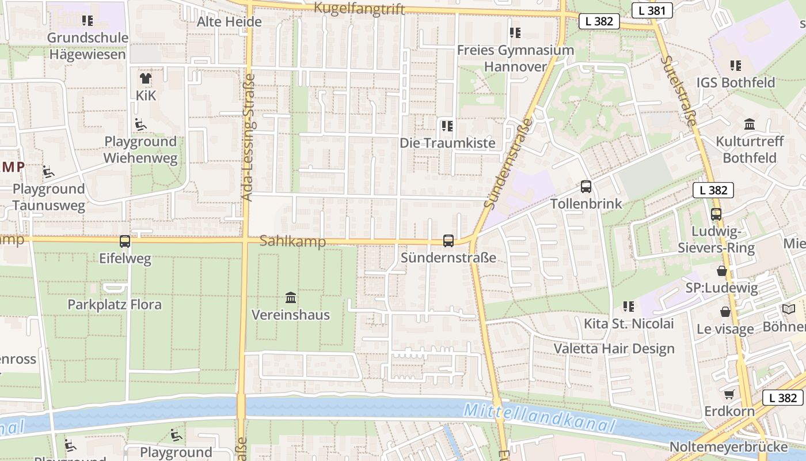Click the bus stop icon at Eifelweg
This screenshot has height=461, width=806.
125,241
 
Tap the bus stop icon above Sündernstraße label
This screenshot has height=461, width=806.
448,241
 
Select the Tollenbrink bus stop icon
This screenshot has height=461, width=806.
586,187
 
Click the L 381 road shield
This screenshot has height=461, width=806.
652,10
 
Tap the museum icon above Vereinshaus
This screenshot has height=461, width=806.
291,298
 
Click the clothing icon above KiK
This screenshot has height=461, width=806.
146,78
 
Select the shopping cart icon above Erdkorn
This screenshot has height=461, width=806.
729,395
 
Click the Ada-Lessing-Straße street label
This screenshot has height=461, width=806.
248,137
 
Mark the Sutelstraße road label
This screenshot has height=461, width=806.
678,90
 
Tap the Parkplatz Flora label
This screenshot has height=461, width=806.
115,304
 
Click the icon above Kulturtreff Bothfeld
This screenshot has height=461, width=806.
750,124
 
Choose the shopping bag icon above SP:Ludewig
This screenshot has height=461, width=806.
721,271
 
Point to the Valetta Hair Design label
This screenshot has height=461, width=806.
614,349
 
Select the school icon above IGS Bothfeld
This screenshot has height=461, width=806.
735,66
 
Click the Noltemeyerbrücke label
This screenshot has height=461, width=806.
728,447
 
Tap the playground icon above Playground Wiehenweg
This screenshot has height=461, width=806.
140,124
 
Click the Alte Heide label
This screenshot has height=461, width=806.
229,22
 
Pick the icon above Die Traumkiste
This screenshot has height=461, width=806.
447,126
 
